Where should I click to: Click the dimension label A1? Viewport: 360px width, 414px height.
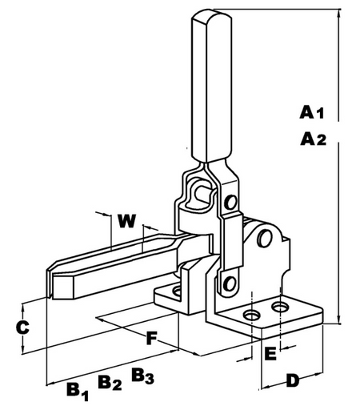[311, 112]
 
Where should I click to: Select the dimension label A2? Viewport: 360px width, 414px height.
[313, 139]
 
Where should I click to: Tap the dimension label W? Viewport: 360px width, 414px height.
[127, 221]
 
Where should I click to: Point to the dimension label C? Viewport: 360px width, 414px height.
[22, 328]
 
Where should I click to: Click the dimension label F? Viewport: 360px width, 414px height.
[151, 339]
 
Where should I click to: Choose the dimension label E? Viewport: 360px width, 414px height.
[270, 354]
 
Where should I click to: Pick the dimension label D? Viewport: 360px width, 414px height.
[293, 380]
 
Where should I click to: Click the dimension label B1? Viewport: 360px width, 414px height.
[78, 392]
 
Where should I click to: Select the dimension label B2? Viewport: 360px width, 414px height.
[110, 383]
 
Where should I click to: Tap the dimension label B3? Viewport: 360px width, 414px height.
[142, 376]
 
